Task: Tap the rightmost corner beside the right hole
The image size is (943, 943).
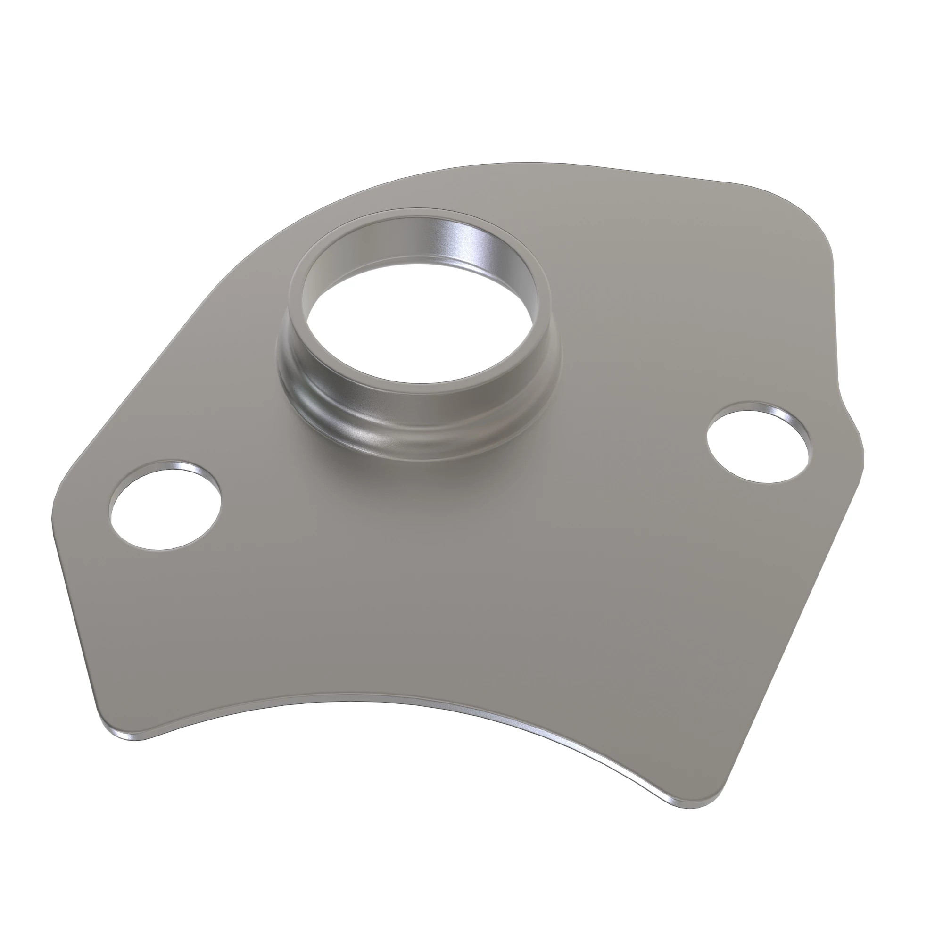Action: [861, 459]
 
